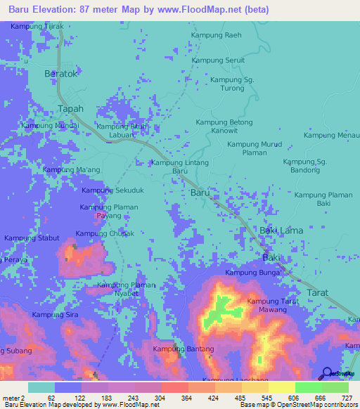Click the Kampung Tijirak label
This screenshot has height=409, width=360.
37,26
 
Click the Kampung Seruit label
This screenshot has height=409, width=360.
219,60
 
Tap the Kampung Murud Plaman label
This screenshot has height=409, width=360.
254,148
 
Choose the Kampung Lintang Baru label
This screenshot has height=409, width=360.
181,167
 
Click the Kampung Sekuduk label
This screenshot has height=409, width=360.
112,190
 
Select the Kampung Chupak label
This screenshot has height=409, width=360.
104,233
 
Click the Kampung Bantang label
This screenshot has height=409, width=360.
182,349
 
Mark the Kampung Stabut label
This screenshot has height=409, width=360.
32,238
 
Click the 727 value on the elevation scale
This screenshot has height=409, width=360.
347,397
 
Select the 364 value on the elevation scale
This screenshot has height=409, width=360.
188,397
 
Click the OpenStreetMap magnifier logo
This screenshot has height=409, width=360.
327,373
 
